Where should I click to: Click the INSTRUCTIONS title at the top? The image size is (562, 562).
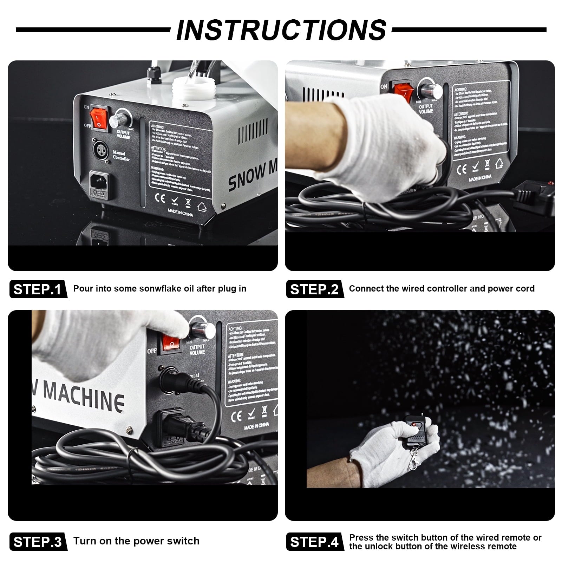(281, 30)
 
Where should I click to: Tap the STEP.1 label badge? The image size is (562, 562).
(38, 289)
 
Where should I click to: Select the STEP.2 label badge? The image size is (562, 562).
(314, 289)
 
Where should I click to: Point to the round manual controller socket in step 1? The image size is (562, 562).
(99, 150)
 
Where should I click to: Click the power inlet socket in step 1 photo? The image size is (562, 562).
(99, 182)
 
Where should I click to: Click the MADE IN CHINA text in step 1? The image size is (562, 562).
(180, 213)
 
